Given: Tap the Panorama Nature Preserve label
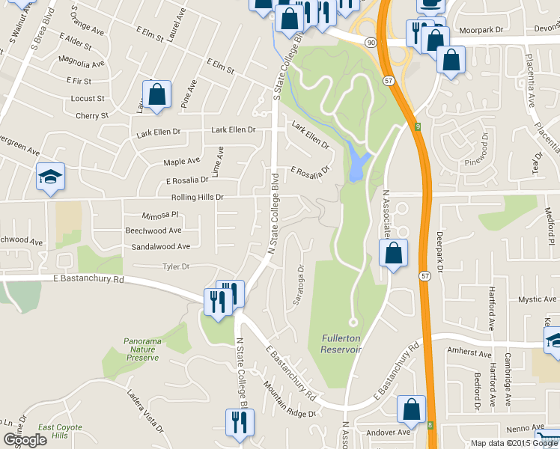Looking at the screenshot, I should click(141, 349).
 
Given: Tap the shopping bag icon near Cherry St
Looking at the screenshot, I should click(156, 96).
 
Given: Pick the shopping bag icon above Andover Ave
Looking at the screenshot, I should click(411, 410).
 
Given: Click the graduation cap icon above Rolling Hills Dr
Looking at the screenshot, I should click(51, 177).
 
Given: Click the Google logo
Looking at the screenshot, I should click(25, 439).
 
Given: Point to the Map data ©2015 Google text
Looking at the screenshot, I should click(514, 443).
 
